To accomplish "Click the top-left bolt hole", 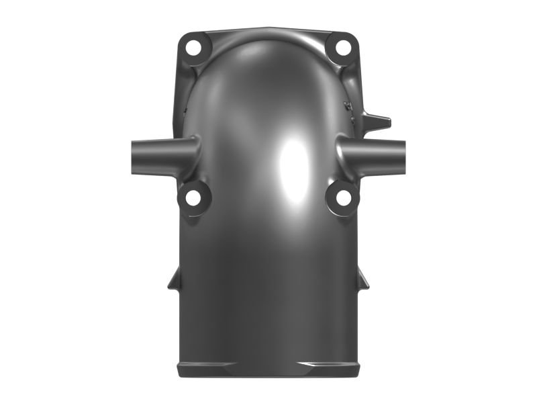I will (x=194, y=48).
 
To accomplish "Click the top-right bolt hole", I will (x=342, y=48).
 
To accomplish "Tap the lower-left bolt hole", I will (x=193, y=198).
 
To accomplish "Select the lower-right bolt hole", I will (x=343, y=198).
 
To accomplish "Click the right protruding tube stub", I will (x=379, y=154).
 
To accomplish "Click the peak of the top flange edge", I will (x=268, y=28).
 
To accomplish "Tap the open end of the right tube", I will (x=403, y=154).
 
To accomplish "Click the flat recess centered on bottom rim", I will (x=268, y=369).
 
